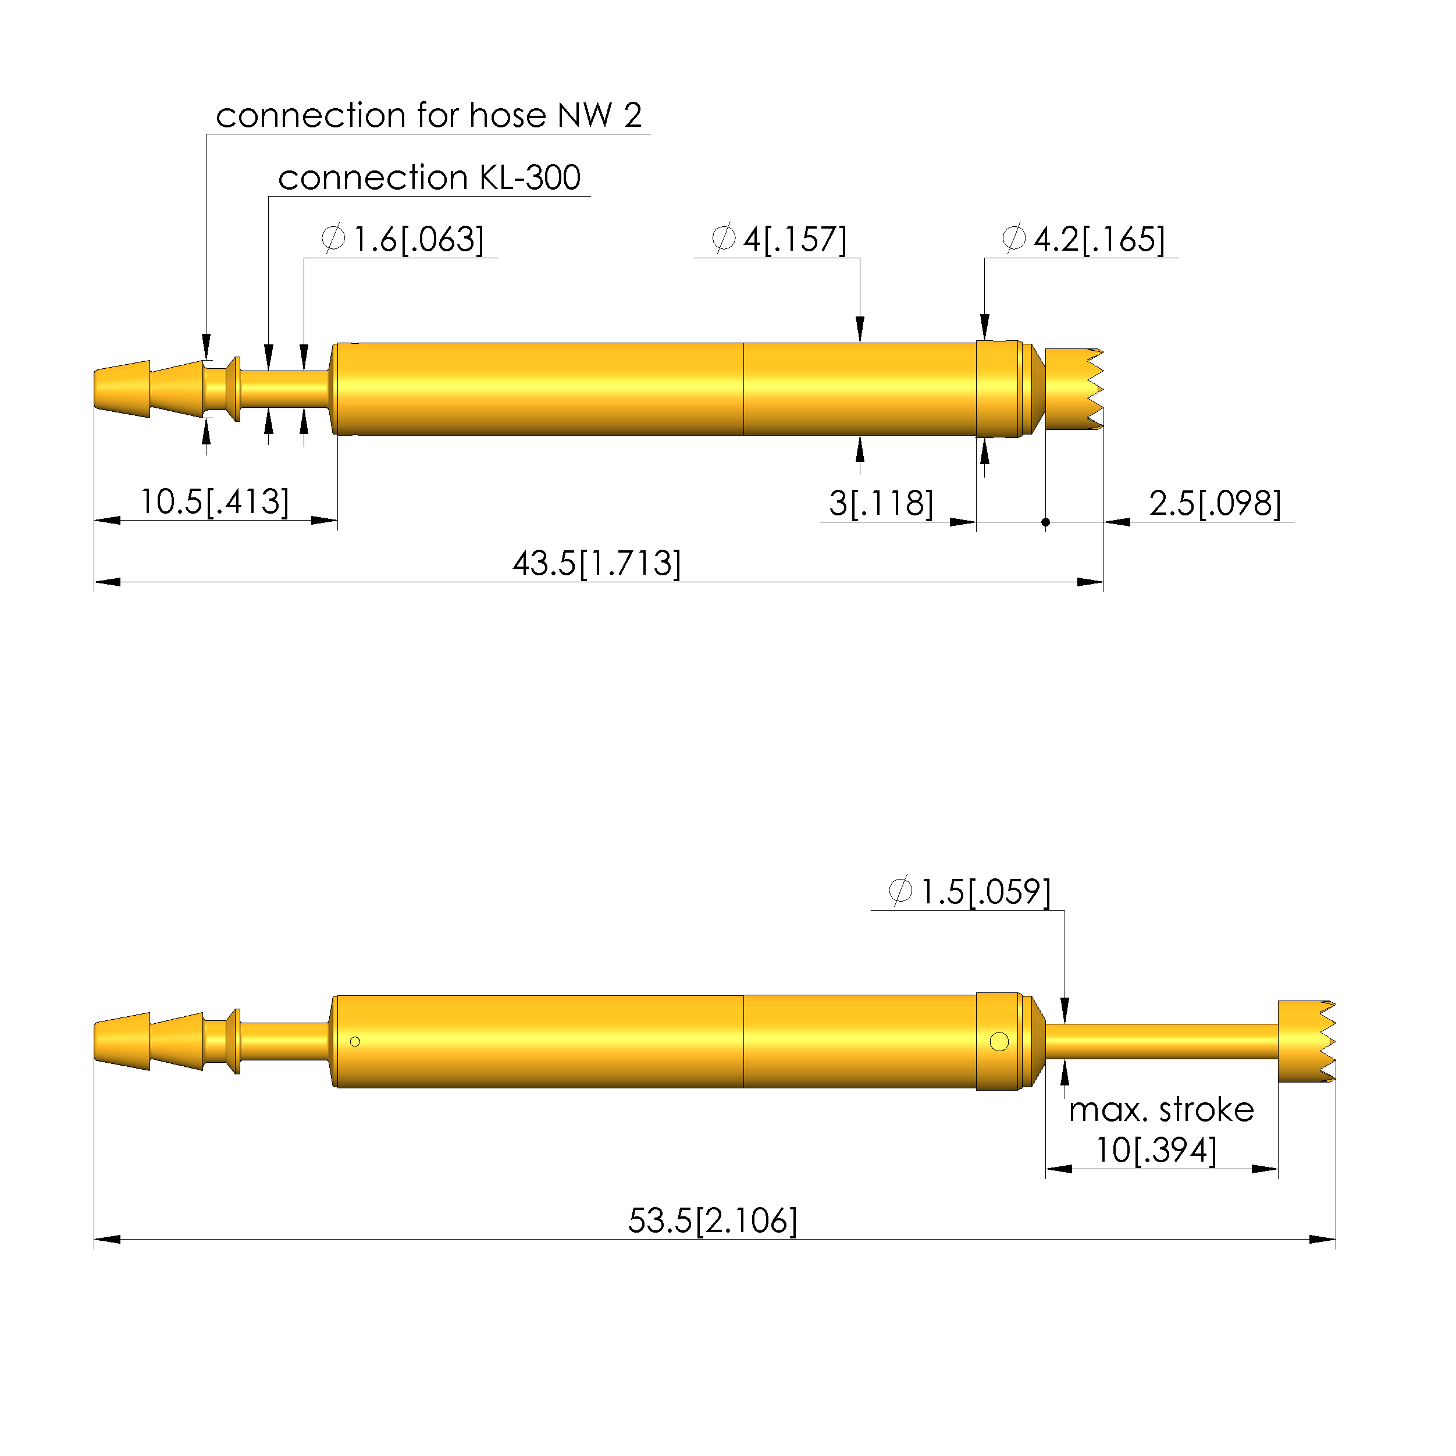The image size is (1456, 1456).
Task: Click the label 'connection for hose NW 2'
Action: click(x=429, y=115)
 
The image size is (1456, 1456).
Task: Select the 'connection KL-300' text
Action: click(x=429, y=178)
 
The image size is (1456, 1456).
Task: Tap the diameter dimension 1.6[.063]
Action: click(x=403, y=239)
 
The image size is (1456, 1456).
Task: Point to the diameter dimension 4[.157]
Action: click(x=779, y=239)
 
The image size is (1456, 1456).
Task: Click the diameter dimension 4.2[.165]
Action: click(x=1084, y=239)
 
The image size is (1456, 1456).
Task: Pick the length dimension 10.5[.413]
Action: click(x=215, y=502)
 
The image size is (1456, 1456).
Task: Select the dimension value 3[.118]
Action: click(x=881, y=503)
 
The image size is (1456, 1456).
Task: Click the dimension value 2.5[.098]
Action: click(x=1215, y=503)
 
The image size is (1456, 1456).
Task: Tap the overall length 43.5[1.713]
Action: click(x=597, y=564)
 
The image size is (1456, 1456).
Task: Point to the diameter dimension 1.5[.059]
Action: click(x=969, y=892)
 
